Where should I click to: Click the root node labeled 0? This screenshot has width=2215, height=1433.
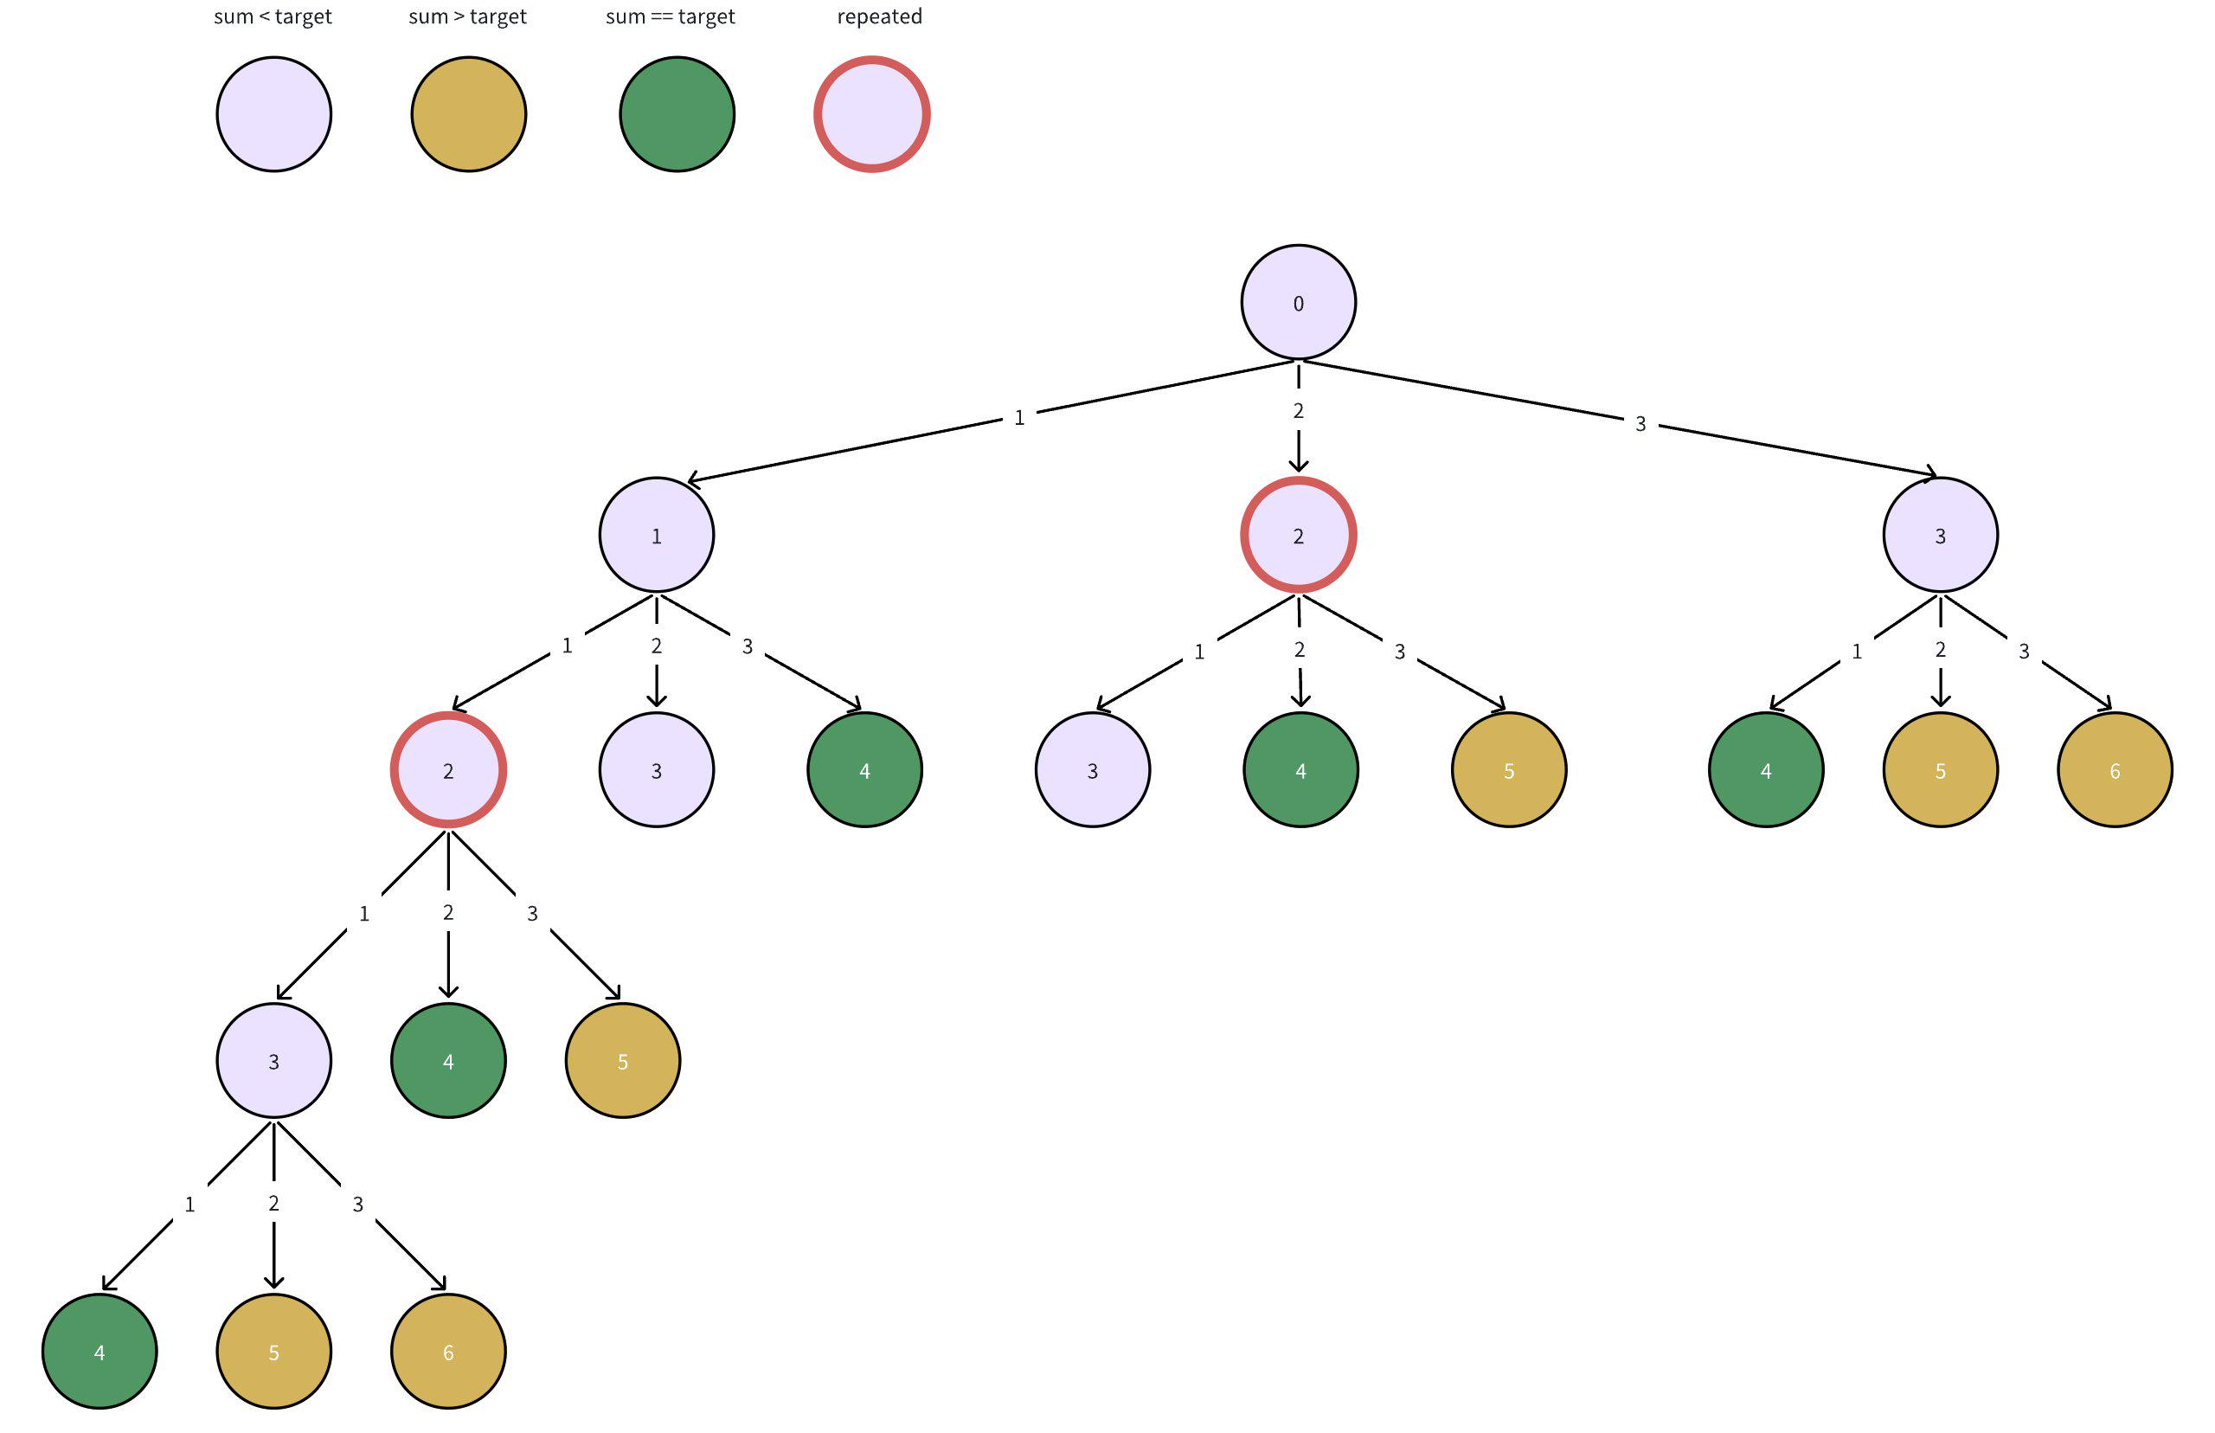coord(1298,302)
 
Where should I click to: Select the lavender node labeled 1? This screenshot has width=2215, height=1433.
coord(656,535)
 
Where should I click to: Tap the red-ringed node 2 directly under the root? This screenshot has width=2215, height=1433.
coord(1298,535)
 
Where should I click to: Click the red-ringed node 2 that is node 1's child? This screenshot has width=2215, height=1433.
coord(447,769)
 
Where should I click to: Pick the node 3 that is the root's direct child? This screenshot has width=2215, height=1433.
coord(1940,535)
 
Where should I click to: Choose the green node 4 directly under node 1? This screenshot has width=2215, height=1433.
coord(864,769)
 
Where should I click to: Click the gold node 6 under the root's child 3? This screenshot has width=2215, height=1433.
coord(2115,769)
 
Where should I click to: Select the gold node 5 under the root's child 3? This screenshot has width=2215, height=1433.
coord(1940,769)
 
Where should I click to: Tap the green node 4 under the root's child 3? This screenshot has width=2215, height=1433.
coord(1766,769)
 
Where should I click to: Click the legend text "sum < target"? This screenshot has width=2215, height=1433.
coord(273,16)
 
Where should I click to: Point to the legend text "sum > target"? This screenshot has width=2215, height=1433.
coord(467,16)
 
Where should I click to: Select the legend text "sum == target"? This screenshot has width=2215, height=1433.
coord(670,16)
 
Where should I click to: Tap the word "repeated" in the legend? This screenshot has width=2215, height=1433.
coord(879,16)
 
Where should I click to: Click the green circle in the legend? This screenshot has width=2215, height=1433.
coord(677,114)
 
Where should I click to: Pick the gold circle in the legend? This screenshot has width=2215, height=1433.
coord(468,114)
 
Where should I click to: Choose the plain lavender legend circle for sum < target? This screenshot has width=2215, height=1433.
coord(273,114)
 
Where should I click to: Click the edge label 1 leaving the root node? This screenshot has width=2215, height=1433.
coord(1018,418)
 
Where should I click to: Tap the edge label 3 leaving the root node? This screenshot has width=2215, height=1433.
coord(1640,424)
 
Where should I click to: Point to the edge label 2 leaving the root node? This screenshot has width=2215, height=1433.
coord(1298,410)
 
